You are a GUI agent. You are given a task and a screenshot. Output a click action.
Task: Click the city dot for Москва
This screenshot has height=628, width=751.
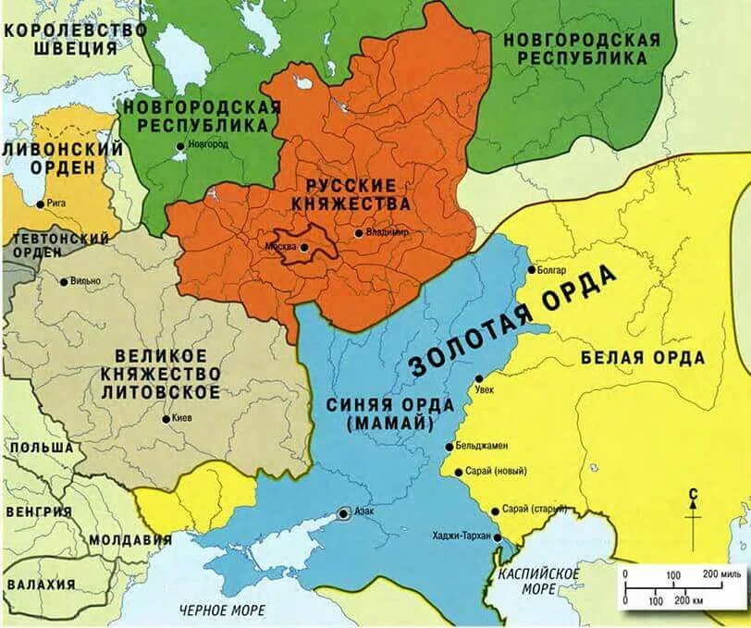point(304,247)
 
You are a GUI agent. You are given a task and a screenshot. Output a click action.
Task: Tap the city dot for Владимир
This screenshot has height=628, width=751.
point(359,233)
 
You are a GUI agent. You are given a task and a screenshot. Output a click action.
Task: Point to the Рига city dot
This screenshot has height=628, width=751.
point(40,203)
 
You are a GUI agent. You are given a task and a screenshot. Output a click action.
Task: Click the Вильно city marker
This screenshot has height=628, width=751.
point(63,281)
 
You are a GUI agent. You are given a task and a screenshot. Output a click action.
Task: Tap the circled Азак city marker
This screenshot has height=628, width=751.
point(344,512)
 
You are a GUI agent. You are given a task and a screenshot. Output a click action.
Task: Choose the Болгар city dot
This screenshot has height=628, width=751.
point(531,270)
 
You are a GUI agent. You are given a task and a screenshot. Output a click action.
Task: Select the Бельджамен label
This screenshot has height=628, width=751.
point(483,447)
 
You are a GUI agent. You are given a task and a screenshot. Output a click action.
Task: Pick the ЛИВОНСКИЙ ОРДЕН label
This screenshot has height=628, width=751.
point(62,158)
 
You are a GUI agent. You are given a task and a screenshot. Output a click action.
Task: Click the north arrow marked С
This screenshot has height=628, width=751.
point(692,519)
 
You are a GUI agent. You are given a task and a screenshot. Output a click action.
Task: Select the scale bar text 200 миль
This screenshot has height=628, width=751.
point(720,574)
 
